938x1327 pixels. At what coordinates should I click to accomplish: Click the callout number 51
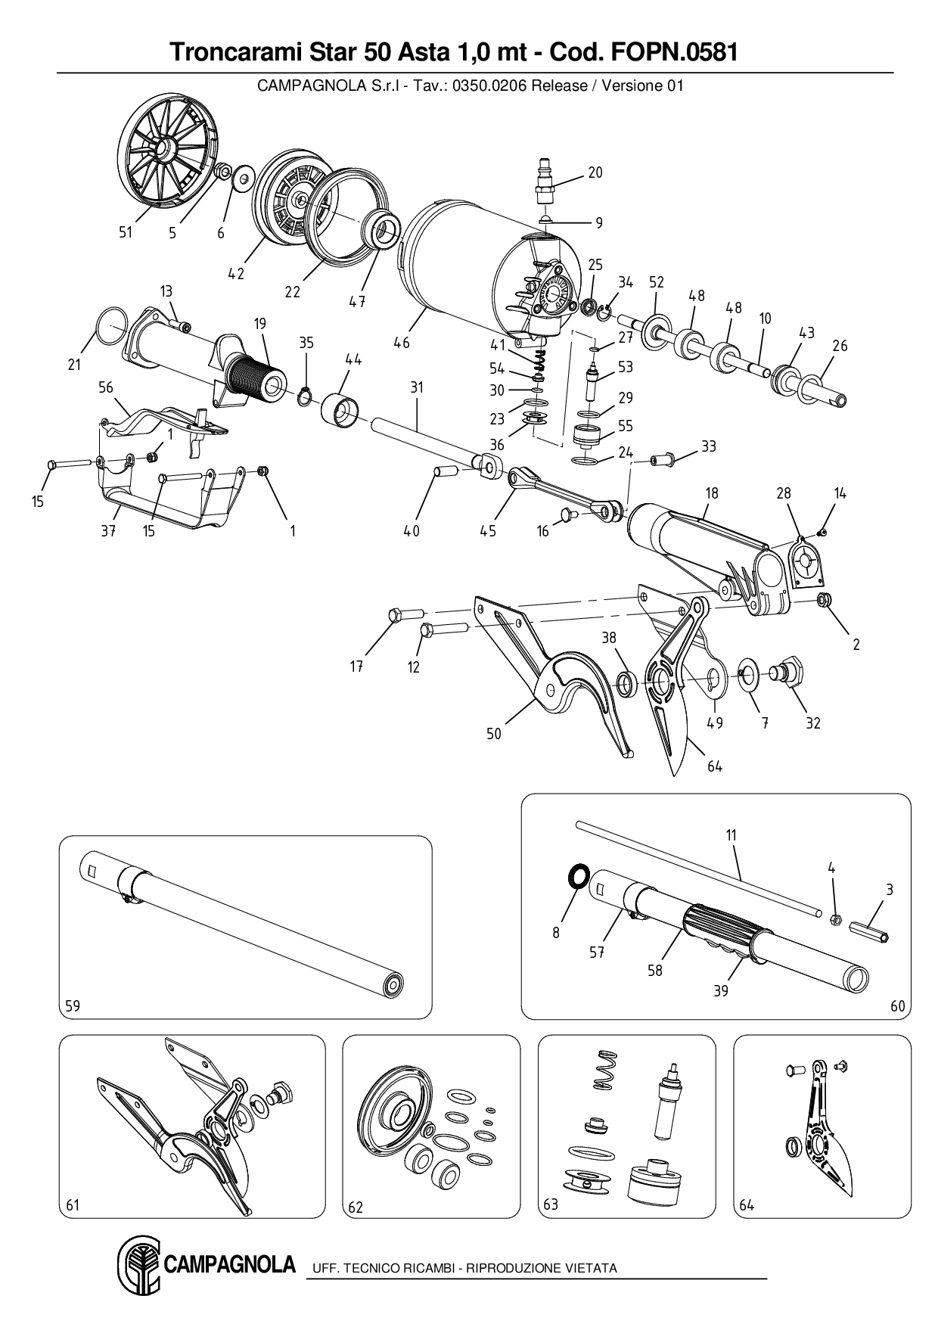[x=126, y=232]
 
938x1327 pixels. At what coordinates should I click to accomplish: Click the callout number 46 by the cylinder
[x=402, y=343]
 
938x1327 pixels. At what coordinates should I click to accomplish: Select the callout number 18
[x=712, y=493]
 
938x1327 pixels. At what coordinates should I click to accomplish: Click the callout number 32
[x=812, y=723]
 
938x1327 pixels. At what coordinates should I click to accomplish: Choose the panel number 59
[x=73, y=1005]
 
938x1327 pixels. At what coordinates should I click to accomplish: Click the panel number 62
[x=356, y=1207]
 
